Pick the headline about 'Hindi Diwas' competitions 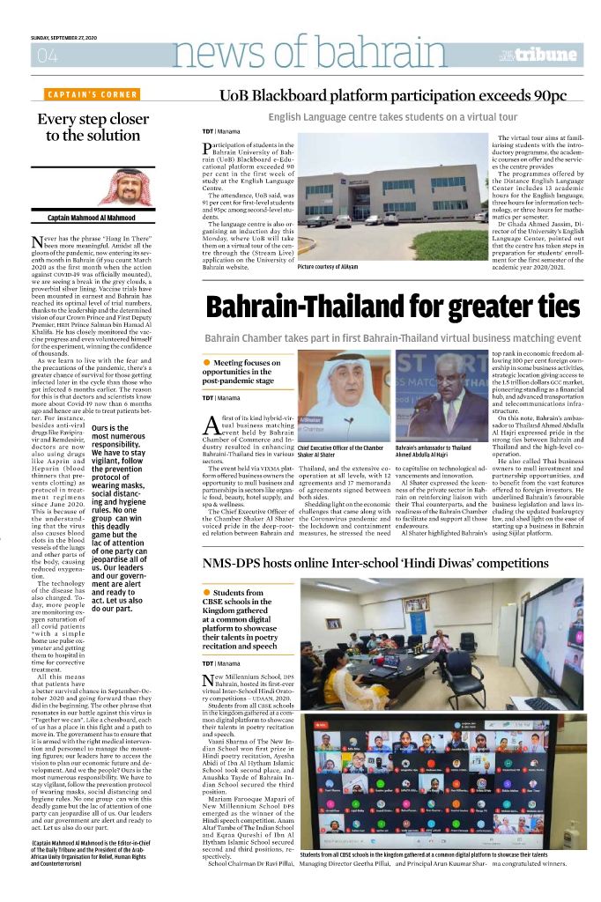tap(388, 562)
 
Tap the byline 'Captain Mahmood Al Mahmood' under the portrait tap(92, 218)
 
